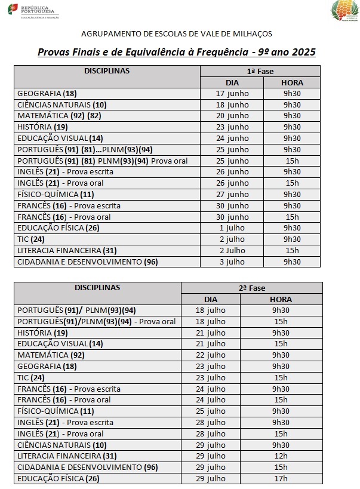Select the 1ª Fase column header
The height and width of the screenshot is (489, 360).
pos(260,72)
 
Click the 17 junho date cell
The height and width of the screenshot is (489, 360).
pos(232,94)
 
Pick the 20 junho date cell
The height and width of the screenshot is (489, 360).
pos(232,116)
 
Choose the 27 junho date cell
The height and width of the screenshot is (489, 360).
pos(232,195)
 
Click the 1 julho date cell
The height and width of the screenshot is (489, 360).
pos(232,228)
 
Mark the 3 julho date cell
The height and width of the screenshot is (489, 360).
pos(232,262)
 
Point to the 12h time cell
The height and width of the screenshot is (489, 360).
pos(280,456)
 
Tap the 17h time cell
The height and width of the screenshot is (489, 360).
pos(280,478)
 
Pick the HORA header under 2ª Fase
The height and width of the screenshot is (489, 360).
pos(280,299)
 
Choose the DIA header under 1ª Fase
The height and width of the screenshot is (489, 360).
pos(232,82)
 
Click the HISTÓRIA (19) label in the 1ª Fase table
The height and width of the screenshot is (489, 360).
pos(42,127)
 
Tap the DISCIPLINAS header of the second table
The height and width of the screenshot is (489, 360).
pos(97,288)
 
